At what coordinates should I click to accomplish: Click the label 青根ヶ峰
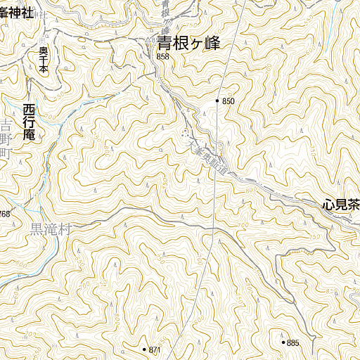coord(188,44)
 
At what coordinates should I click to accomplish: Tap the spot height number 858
coord(164,57)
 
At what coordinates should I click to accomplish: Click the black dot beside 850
coord(218,101)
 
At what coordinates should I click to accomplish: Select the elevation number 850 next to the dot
coord(228,101)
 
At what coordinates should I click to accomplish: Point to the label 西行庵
coord(29,123)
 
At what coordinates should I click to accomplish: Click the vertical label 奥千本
coord(43,60)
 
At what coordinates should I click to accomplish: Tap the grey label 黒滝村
coord(51,229)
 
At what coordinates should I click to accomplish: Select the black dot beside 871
coord(143,349)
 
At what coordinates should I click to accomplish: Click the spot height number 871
coord(155,349)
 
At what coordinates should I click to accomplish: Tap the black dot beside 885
coord(283,343)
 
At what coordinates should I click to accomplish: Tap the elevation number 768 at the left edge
coord(4,214)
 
